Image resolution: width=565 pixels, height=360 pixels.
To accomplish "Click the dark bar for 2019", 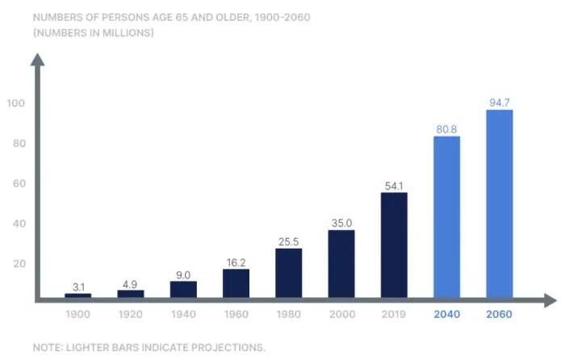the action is coord(394,245).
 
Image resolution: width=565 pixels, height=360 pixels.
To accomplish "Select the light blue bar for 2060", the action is coord(500,203).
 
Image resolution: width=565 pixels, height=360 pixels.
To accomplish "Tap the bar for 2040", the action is coord(447,217).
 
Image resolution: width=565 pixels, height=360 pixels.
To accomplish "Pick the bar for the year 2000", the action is coord(341,264).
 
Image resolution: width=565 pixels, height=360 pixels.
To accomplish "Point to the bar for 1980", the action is coord(289,273).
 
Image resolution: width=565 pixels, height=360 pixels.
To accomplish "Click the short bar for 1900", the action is coord(77,295).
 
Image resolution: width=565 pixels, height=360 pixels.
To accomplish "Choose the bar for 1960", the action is coord(236,283).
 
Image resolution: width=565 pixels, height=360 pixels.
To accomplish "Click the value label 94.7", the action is coord(500,103).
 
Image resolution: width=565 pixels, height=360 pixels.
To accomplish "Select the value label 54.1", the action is coord(394,186).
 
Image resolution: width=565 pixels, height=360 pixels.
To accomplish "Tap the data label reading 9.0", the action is coord(183,275).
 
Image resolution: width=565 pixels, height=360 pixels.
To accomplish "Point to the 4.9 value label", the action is coord(130,284).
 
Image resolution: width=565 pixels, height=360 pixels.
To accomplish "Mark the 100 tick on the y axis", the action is coord(16,103).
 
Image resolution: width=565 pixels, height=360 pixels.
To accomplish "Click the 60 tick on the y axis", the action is coord(19,183).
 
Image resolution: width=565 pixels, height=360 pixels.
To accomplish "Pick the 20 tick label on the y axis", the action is coord(19,263).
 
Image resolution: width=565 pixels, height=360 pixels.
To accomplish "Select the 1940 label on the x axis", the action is coord(183,314).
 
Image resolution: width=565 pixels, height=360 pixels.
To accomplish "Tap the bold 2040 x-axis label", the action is coord(447,314).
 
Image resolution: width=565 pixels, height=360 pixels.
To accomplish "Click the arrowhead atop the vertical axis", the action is coord(37,60).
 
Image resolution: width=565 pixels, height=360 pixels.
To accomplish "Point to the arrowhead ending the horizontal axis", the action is coord(550,300).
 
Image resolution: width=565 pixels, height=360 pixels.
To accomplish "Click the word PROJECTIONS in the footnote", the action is coord(228,347).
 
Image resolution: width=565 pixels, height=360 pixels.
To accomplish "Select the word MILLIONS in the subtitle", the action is coord(128,33).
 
